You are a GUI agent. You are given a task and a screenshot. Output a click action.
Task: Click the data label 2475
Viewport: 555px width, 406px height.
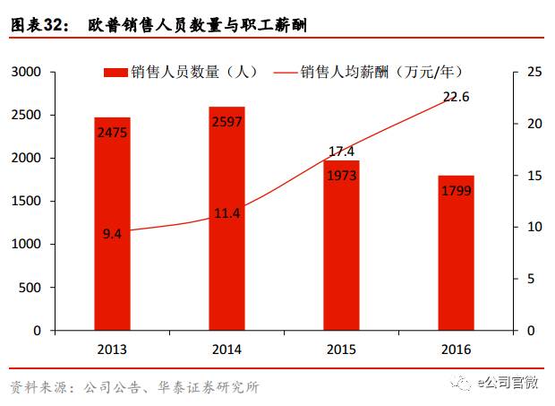112,133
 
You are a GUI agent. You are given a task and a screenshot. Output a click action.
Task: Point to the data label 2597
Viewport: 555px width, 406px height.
226,122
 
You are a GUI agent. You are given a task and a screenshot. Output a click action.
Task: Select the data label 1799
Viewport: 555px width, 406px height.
457,190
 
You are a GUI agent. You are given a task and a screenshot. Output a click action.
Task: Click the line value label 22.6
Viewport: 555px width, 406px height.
457,97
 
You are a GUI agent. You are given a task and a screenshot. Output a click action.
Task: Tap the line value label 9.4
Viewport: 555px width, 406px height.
112,234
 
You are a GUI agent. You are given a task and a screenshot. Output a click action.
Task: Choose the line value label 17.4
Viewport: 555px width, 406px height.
342,151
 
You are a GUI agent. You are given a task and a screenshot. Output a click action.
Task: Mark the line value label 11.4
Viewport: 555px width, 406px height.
226,213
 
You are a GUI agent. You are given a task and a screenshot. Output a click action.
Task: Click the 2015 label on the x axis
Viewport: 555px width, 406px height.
342,350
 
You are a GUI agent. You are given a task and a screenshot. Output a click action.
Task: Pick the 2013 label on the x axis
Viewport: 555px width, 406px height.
112,350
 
